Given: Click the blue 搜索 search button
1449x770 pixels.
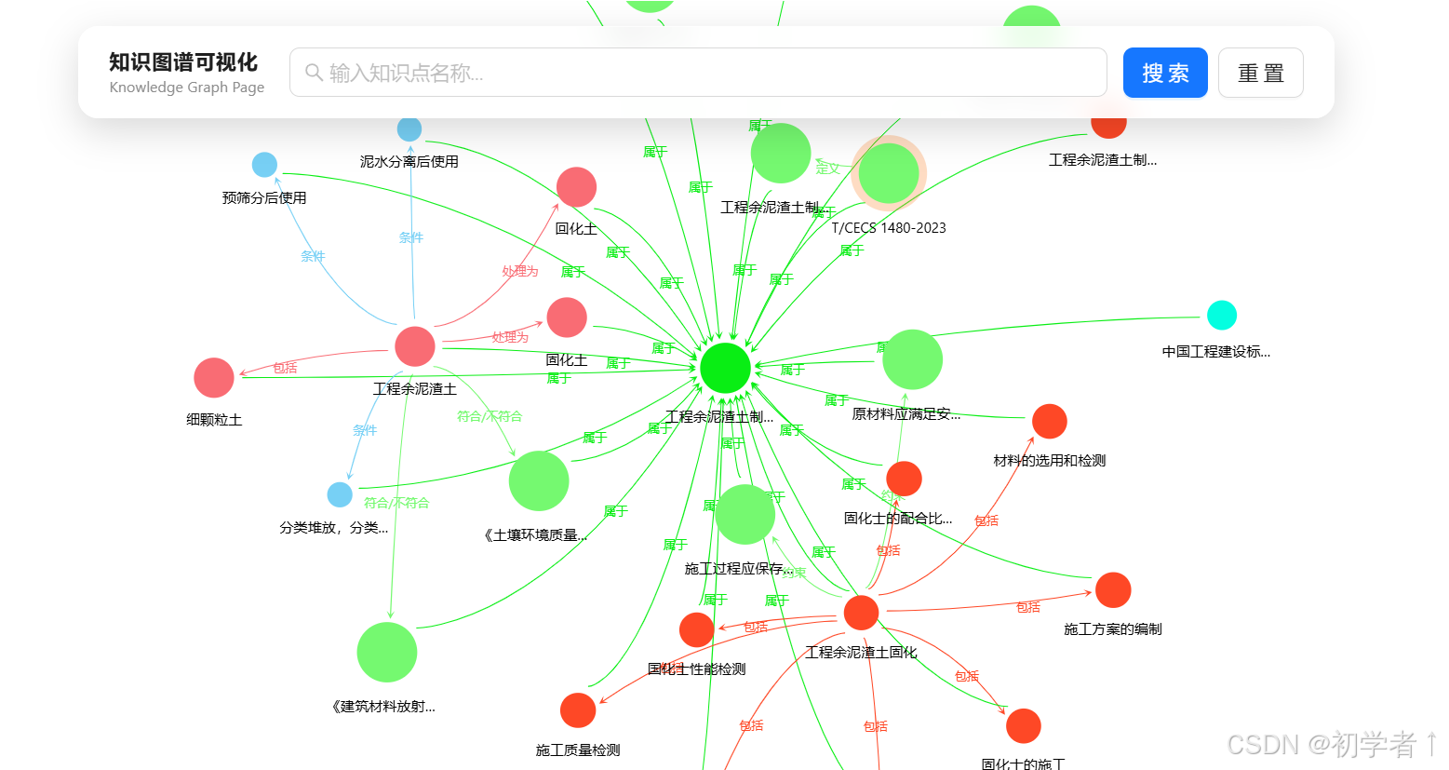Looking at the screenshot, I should coord(1164,73).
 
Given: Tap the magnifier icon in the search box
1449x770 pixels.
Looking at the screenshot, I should coord(314,73).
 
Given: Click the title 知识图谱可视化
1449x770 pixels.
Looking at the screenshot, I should coord(183,62).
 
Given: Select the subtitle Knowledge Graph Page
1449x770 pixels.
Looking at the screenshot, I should coord(186,88).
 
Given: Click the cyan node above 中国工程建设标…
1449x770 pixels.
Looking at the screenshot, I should coord(1221,316).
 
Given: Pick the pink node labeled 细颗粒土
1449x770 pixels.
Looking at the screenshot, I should coord(214,378).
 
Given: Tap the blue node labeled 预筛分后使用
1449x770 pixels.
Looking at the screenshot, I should coord(264,165).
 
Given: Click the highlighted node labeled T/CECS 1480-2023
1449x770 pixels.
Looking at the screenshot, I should coord(889,172).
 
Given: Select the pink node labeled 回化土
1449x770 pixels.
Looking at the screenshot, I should coord(576,187).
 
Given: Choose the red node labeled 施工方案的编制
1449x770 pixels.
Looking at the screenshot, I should coord(1113,590).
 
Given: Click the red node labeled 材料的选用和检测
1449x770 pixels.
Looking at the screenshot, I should coord(1049,422).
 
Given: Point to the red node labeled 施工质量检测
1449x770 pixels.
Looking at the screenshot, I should coord(578,710).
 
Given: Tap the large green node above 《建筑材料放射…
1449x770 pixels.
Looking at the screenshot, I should coord(387,652).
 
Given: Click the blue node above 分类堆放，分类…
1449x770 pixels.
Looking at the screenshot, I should coord(340,494).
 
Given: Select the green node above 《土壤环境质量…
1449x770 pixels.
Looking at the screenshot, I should coord(539,480).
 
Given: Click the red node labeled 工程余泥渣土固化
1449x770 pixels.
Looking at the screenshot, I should coord(861,613).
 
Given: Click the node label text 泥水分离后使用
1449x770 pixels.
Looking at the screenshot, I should coord(409,162).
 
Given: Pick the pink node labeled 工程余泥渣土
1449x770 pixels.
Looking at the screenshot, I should coord(415,346).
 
